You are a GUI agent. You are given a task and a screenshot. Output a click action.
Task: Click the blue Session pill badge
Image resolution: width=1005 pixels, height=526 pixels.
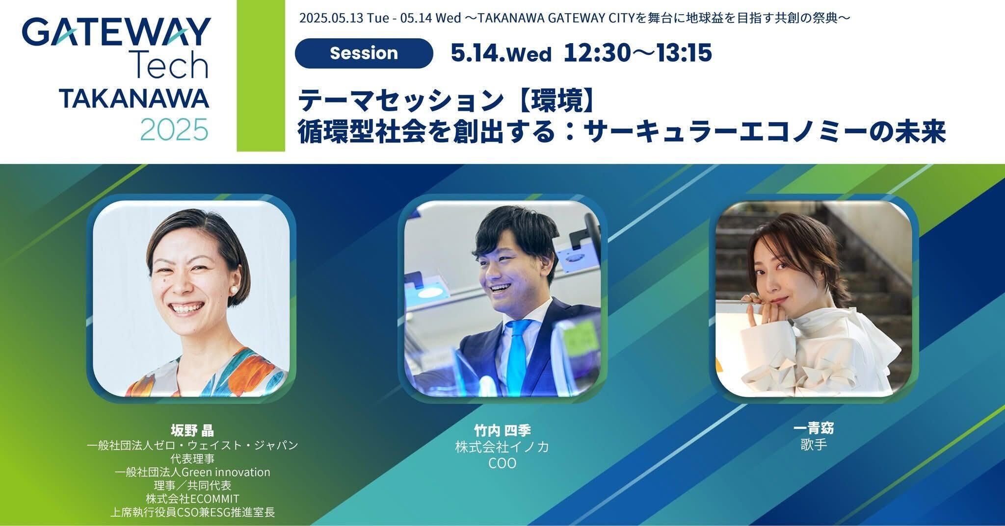[364, 53]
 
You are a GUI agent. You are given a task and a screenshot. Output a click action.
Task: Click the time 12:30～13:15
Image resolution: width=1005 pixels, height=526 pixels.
[637, 52]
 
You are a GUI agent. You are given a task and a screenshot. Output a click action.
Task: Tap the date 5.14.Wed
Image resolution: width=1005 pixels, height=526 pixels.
[501, 53]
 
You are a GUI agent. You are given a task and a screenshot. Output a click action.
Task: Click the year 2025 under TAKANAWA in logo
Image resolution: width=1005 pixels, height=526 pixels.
[174, 129]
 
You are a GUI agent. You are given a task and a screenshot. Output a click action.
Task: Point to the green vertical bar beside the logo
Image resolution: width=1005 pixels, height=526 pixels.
[261, 75]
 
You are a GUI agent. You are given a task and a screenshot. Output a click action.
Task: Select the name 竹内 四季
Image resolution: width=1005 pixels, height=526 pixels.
[502, 430]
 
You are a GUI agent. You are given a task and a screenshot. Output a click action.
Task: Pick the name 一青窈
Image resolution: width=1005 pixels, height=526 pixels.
[813, 428]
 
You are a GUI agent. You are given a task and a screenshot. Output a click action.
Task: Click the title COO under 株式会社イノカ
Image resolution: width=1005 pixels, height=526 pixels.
[502, 463]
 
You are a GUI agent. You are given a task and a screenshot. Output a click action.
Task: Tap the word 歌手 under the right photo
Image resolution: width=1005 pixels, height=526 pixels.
[813, 445]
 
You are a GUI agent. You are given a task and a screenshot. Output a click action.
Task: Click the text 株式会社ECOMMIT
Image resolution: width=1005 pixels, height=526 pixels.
[192, 499]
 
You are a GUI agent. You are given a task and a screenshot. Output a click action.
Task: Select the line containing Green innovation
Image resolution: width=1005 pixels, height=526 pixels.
[192, 472]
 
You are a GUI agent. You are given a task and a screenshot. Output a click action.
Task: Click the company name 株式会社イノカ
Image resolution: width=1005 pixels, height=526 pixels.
[502, 447]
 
